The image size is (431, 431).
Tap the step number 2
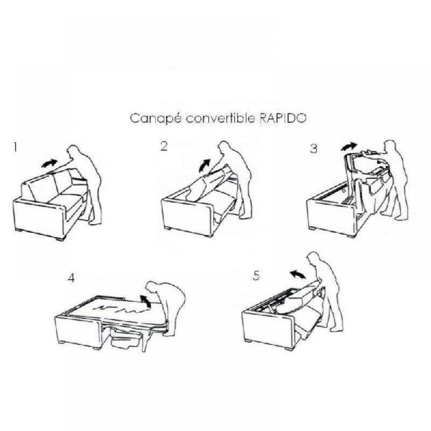pos(164,147)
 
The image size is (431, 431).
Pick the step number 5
pos(256,276)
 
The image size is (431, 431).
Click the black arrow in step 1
pos(50,162)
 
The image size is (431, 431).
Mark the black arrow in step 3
pos(349,146)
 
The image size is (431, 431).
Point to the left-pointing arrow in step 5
pos(295,275)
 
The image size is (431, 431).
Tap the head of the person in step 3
pos(389,147)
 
